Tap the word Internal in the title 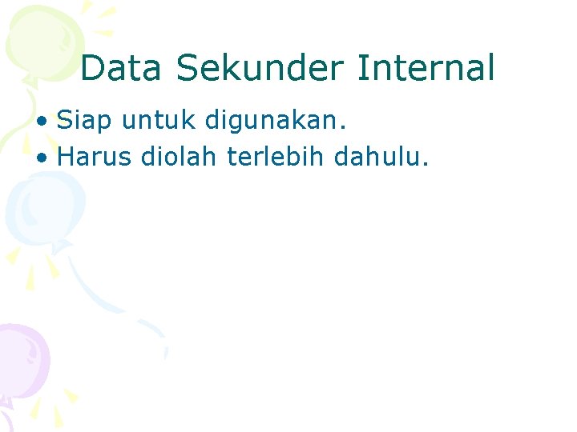pos(426,68)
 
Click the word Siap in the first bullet pos(83,122)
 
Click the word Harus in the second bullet pos(94,157)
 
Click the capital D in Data pos(92,68)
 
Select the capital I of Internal pos(361,68)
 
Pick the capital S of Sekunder pos(186,68)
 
